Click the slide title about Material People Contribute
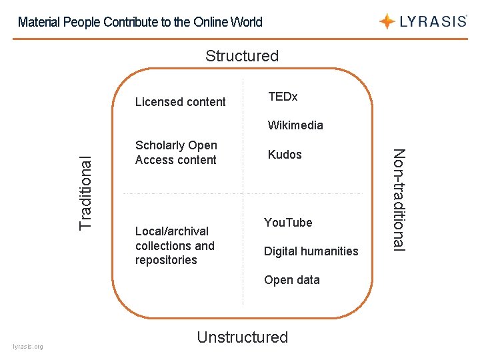click(140, 22)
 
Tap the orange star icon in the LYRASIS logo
click(387, 21)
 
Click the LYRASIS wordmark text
click(433, 21)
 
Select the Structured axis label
click(241, 56)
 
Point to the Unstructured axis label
click(242, 337)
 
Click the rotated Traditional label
click(86, 192)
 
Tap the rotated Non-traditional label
click(399, 199)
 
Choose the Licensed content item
click(180, 102)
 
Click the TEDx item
click(283, 97)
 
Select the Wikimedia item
click(295, 125)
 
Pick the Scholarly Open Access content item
click(176, 153)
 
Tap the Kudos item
click(285, 155)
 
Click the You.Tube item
click(288, 223)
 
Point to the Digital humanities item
click(311, 251)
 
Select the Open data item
click(291, 280)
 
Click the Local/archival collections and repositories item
click(175, 245)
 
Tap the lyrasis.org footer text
click(28, 347)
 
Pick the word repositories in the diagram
click(166, 260)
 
